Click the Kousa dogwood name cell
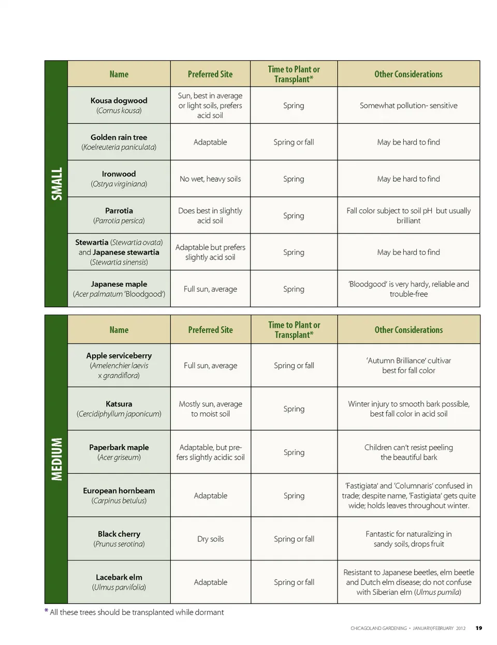[x=119, y=105]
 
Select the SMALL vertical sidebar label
[x=56, y=183]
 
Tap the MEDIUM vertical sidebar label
[x=56, y=459]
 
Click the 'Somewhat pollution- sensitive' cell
[x=408, y=105]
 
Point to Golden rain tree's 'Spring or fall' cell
[x=294, y=142]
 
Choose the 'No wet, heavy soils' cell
[x=210, y=179]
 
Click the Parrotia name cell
[x=119, y=216]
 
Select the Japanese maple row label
[x=119, y=289]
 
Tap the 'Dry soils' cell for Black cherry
[x=210, y=539]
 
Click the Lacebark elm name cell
[x=119, y=582]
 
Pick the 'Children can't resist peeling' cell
[x=408, y=452]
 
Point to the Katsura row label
[x=119, y=408]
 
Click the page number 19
[x=479, y=628]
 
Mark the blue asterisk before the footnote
[x=47, y=611]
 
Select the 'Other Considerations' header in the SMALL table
[x=408, y=74]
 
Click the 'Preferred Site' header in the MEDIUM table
[x=210, y=329]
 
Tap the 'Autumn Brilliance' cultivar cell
[x=408, y=365]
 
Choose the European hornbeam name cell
[x=119, y=495]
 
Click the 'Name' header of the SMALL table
[x=119, y=74]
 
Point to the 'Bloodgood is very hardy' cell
[x=408, y=289]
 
